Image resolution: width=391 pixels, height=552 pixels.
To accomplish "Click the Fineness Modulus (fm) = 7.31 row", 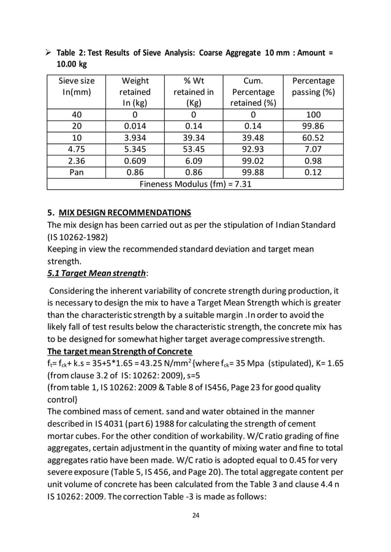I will (195, 184).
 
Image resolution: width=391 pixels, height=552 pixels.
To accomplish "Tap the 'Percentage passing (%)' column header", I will (313, 86).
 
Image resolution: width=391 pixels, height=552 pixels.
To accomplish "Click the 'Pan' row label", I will (76, 171).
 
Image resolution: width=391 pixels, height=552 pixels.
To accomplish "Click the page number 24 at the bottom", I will (195, 515).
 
